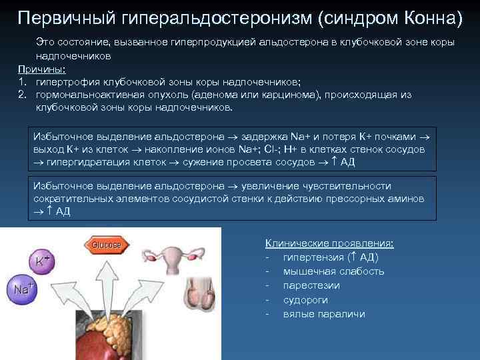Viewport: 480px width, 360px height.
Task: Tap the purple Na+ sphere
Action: [x=21, y=289]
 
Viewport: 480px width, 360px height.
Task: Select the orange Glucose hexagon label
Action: [x=105, y=245]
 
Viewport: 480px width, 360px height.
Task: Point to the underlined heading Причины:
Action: [x=38, y=69]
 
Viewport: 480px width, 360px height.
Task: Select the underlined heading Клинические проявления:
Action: [x=329, y=243]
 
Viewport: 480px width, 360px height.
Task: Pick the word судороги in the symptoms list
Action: [x=305, y=300]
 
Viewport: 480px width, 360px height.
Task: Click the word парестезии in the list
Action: [x=311, y=285]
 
